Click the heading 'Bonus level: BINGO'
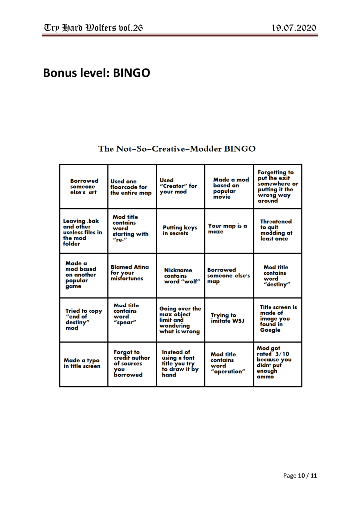pyautogui.click(x=96, y=73)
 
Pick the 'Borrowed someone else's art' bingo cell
pyautogui.click(x=84, y=187)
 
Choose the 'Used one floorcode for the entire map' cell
pyautogui.click(x=132, y=187)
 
